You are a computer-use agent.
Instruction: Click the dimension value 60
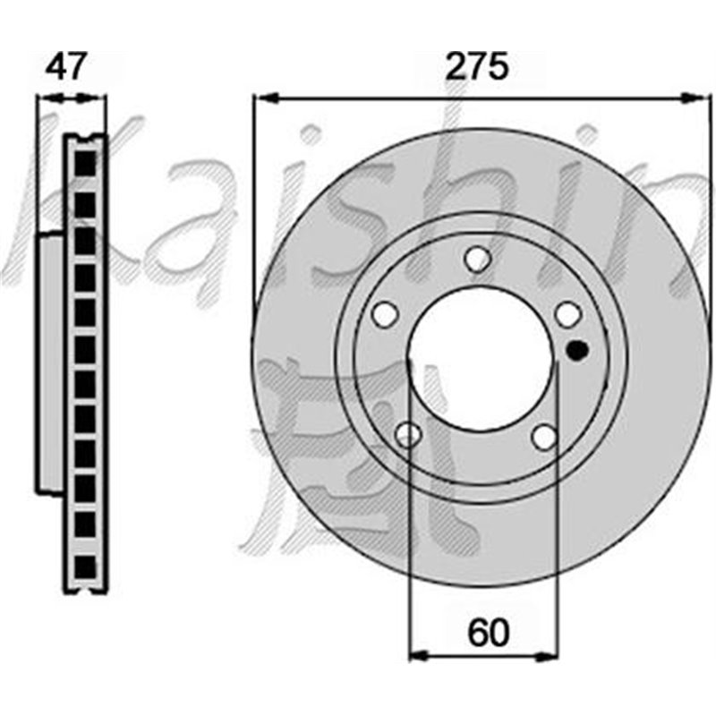[488, 632]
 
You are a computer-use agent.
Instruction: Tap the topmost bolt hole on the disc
[478, 259]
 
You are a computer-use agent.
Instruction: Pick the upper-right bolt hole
[567, 314]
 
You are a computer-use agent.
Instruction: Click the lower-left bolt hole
[408, 435]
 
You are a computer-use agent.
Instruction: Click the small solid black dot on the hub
[577, 350]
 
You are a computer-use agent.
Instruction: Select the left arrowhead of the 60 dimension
[415, 654]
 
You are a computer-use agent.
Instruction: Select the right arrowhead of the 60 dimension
[550, 654]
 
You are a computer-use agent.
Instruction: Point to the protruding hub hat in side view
[50, 362]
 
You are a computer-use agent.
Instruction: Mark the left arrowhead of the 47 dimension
[43, 98]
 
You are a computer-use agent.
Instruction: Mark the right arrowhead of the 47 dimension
[100, 98]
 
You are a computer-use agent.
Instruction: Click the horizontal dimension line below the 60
[482, 654]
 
